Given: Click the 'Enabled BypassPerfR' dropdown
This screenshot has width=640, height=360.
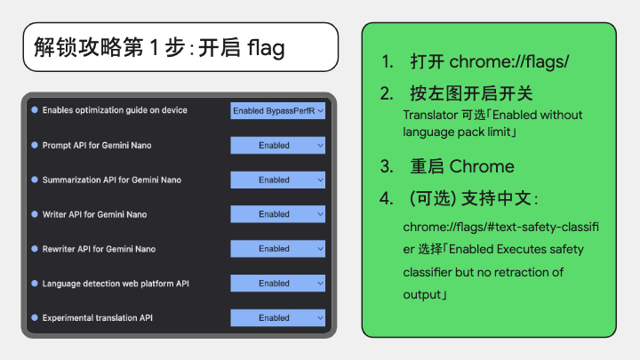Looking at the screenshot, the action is click(x=277, y=110).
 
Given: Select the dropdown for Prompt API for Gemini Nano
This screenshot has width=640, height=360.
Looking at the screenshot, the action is click(x=277, y=145).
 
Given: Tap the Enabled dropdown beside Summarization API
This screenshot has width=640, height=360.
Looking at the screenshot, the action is click(x=277, y=180).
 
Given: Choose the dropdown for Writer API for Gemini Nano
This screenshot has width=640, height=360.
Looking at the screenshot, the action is click(x=277, y=214).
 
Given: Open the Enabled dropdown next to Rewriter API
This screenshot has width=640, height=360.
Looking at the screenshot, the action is click(x=277, y=249).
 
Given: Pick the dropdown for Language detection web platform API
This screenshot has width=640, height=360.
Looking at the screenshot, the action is click(x=277, y=284).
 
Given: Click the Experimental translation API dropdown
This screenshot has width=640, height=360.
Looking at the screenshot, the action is click(x=277, y=318).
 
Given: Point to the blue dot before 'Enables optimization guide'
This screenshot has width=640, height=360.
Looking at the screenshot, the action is click(x=35, y=110).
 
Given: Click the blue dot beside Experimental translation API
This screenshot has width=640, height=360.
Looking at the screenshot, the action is click(x=35, y=317).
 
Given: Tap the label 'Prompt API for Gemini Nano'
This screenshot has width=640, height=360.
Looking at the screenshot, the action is click(x=97, y=145).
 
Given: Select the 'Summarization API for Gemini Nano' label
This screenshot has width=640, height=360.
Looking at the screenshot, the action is click(x=112, y=180).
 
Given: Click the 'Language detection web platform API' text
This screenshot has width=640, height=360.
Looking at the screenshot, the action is click(x=116, y=284).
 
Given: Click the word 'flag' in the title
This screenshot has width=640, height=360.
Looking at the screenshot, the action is click(x=266, y=48).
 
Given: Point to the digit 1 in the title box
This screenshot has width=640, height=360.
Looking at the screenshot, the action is click(x=154, y=47).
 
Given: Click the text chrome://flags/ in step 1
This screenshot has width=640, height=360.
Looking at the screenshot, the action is click(x=509, y=61).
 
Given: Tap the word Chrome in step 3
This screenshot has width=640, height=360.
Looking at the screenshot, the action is click(x=482, y=166).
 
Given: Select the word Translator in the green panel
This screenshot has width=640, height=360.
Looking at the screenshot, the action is click(x=429, y=115).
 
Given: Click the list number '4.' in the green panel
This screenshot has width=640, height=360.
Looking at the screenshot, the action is click(x=387, y=198).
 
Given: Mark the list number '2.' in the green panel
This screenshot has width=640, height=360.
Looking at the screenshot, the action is click(x=387, y=94).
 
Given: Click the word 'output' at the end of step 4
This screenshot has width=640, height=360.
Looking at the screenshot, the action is click(x=422, y=295).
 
